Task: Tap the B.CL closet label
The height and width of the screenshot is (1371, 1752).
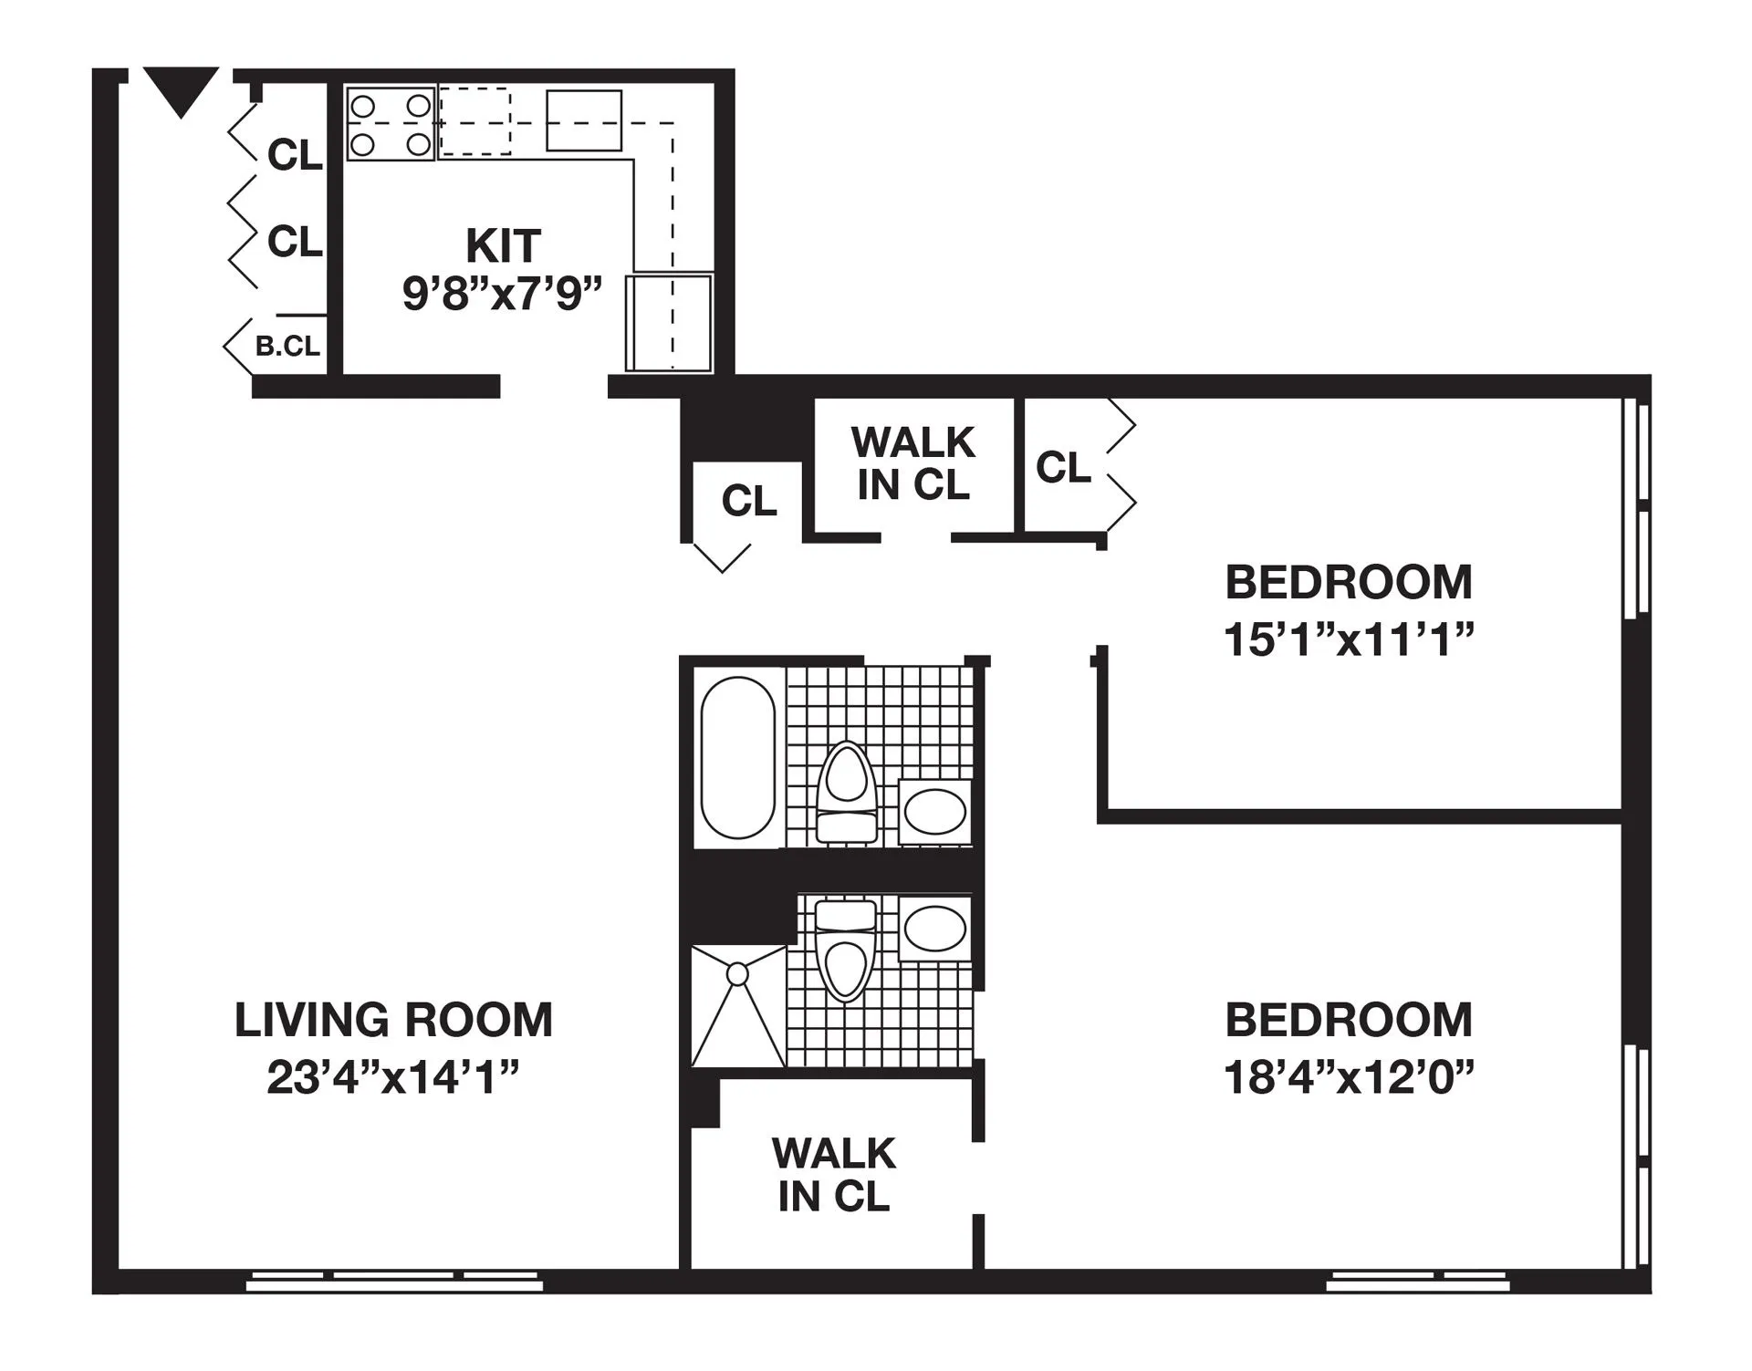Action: pos(287,347)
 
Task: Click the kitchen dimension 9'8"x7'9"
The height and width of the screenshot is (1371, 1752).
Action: pos(503,294)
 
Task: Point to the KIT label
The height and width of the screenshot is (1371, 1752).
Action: pos(503,244)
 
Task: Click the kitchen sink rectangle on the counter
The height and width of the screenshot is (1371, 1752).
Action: pos(584,120)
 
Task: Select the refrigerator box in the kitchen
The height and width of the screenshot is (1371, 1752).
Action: pos(669,323)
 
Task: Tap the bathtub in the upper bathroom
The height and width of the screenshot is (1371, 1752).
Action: pos(737,757)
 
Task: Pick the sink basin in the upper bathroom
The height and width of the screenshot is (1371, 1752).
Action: pos(934,812)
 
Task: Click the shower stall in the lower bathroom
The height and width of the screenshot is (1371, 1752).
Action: pos(737,1006)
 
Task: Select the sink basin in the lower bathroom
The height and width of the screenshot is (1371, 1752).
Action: pos(934,929)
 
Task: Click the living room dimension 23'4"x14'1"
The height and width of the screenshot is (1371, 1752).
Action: pos(393,1077)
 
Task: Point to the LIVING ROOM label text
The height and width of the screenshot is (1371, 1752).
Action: pos(393,1020)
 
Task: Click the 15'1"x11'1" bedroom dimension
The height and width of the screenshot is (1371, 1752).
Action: pos(1349,639)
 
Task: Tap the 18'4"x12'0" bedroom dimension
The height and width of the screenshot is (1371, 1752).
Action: pos(1349,1077)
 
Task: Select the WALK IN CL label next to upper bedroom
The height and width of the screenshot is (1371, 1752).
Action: pos(912,463)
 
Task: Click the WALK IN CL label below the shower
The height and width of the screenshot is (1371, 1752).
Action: pos(833,1175)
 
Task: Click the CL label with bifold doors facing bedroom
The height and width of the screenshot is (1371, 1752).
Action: pos(1063,467)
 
